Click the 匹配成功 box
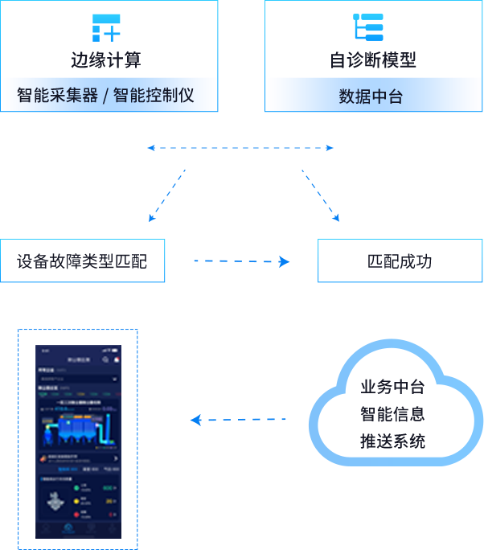point(400,261)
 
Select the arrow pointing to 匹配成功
point(241,261)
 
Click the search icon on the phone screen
point(105,359)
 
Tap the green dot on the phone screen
point(76,486)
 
